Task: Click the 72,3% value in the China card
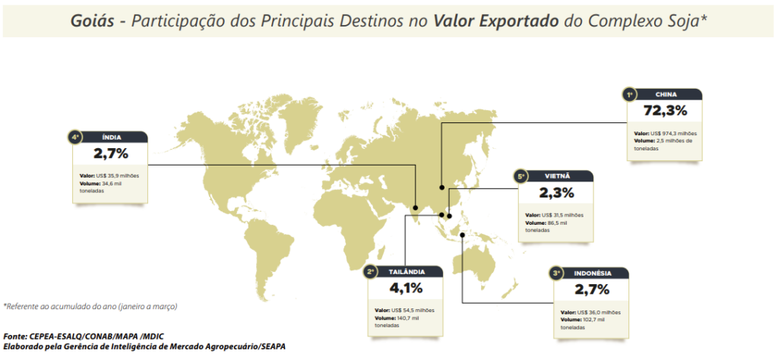(x=665, y=111)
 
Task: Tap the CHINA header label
(x=666, y=95)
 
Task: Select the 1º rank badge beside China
(x=629, y=95)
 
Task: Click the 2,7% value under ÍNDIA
(x=111, y=153)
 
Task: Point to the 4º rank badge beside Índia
(x=74, y=137)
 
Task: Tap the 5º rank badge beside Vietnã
(x=521, y=176)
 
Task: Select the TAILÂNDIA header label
(x=406, y=271)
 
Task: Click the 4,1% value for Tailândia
(x=404, y=288)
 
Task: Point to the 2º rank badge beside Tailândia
(x=372, y=271)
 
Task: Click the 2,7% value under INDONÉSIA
(x=592, y=289)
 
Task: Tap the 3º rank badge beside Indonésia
(x=557, y=273)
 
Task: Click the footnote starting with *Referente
(x=90, y=307)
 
